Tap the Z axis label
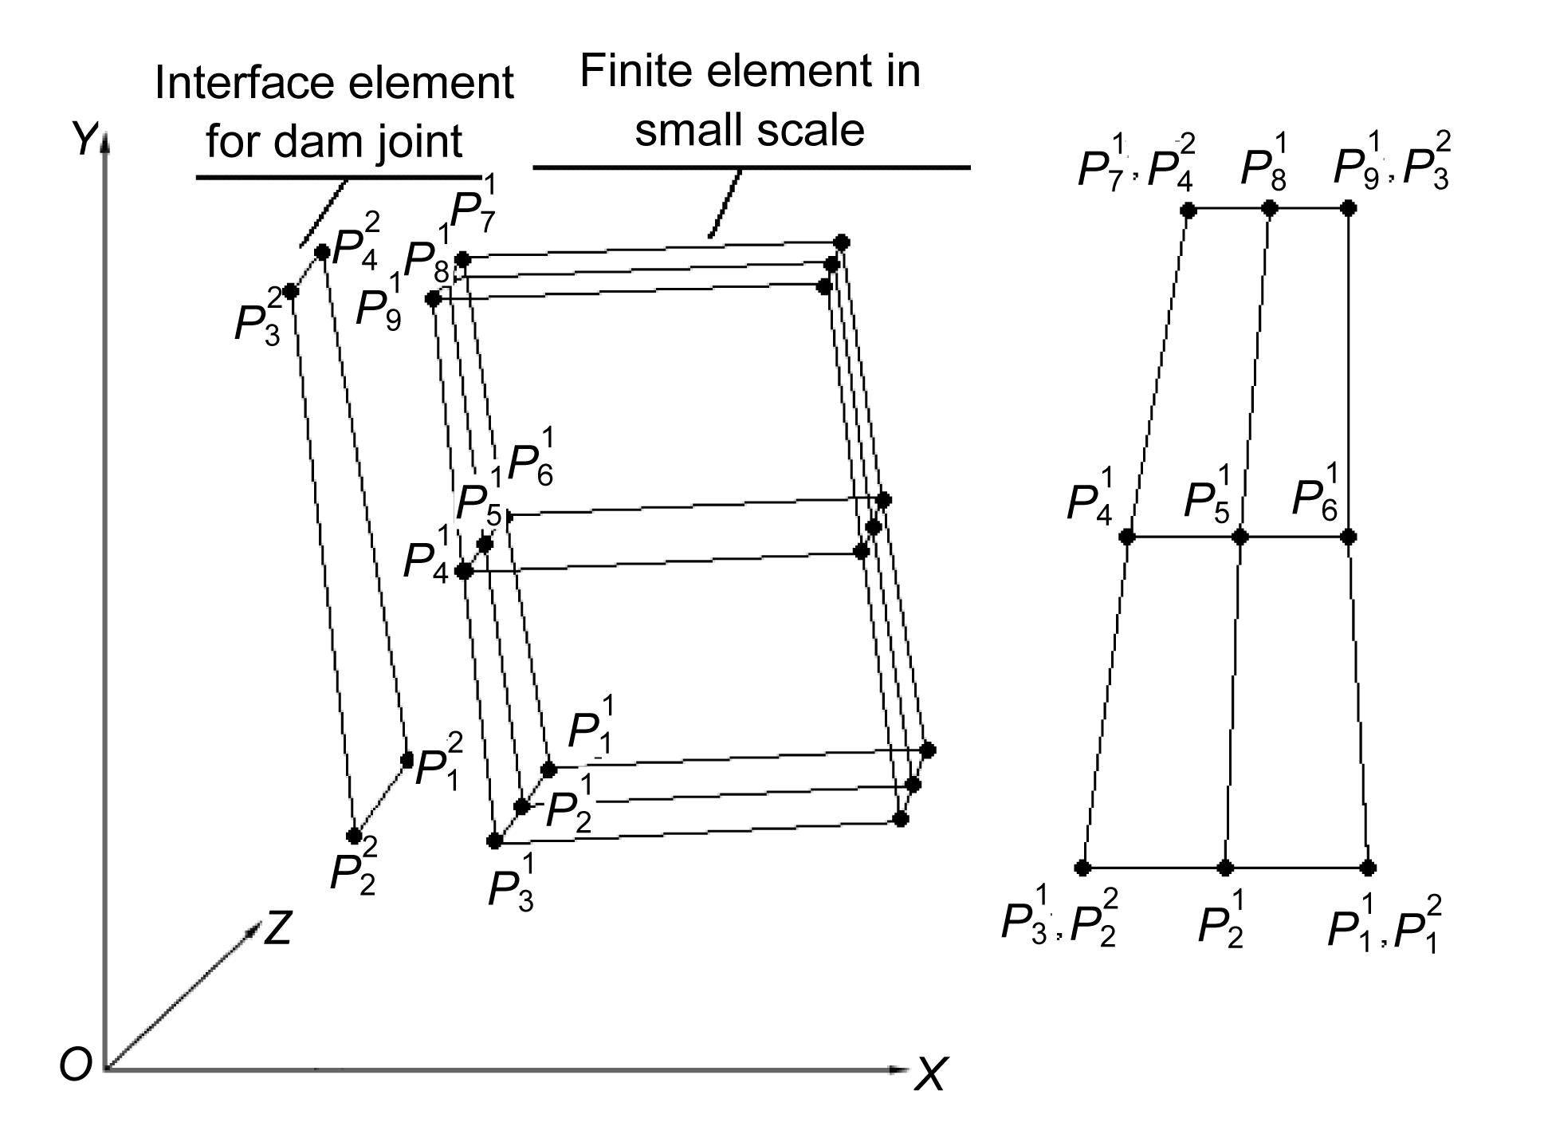click(277, 928)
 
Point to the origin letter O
click(75, 1065)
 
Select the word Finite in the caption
click(637, 71)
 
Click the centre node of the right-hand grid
click(1240, 537)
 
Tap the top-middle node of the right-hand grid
click(1270, 209)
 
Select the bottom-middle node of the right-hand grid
click(1225, 868)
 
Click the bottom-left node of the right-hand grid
click(1082, 868)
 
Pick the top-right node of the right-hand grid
click(1348, 209)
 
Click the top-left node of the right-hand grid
click(1188, 210)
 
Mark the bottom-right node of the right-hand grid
click(1369, 868)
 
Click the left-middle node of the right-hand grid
click(1126, 537)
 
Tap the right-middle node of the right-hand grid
click(1348, 537)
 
